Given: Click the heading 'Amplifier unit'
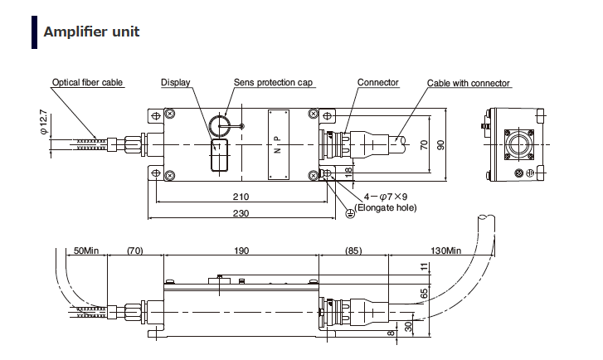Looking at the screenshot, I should pos(91,32).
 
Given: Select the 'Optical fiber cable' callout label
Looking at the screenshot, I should pos(87,83).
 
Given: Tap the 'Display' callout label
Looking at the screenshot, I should pos(175,83).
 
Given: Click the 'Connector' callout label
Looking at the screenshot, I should pos(377,83).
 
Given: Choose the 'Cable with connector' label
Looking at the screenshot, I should pos(468,83).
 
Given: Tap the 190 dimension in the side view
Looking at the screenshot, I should pos(242,250).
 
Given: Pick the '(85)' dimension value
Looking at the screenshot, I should pos(353,250).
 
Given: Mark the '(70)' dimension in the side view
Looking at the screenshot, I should pos(135,250).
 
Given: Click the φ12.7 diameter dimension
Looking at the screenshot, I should pos(43,125).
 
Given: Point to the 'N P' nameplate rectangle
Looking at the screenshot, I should pos(277,143).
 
